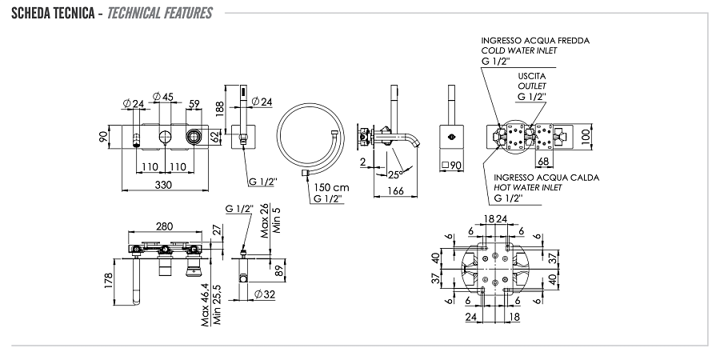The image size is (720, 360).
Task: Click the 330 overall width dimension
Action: pyautogui.click(x=162, y=185)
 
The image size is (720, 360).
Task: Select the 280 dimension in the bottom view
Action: pyautogui.click(x=164, y=226)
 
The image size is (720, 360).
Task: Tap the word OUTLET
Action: pyautogui.click(x=530, y=85)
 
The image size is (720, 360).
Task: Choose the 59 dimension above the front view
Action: pyautogui.click(x=194, y=103)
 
